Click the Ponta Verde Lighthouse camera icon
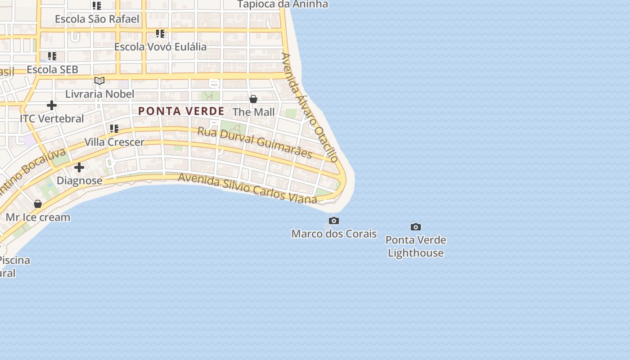pos(416,227)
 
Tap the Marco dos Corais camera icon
pos(334,220)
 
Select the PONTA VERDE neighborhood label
pos(181,111)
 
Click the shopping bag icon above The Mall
pos(253,99)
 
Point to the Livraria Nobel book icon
pos(99,81)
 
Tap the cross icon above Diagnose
pos(79,167)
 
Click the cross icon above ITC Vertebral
pos(52,105)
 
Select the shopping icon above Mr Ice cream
pos(38,204)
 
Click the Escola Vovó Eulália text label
pos(160,47)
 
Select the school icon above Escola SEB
pos(52,56)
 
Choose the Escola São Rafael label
pos(97,19)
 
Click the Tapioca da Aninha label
pos(283,4)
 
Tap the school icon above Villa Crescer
pos(114,129)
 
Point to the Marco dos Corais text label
pos(334,234)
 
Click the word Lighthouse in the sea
pos(416,253)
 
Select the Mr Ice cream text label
pos(38,217)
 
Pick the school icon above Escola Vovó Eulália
pos(160,34)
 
